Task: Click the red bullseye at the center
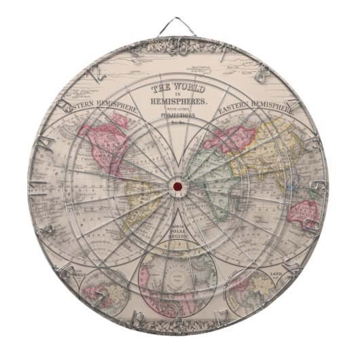tap(178, 187)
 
